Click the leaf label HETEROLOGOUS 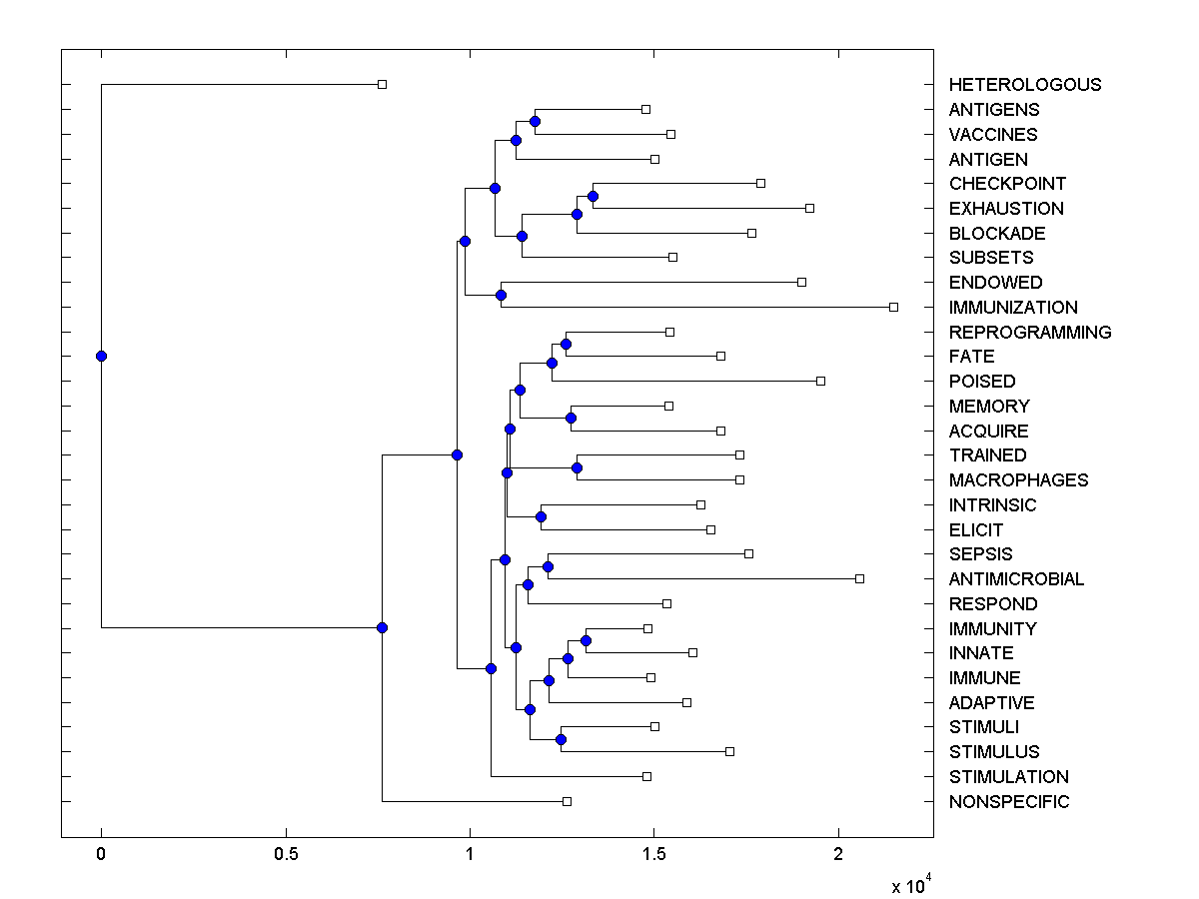tap(1025, 85)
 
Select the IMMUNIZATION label tap(1013, 308)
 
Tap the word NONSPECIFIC tap(1009, 802)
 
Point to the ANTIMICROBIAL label tap(1016, 579)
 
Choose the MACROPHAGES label tap(1018, 480)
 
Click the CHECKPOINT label tap(1007, 184)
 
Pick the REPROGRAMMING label tap(1030, 333)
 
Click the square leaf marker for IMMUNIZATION tap(893, 307)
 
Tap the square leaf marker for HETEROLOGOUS tap(382, 84)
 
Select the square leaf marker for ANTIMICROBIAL tap(859, 578)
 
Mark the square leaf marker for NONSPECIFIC tap(567, 801)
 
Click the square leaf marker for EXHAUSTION tap(809, 208)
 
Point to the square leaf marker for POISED tap(820, 381)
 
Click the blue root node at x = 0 tap(101, 356)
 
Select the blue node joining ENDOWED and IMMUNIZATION tap(501, 295)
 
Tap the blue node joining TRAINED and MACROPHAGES tap(577, 467)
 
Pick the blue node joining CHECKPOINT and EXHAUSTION tap(593, 196)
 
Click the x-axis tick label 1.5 tap(653, 855)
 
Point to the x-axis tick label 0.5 tap(286, 855)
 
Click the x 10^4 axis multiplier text tap(910, 885)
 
